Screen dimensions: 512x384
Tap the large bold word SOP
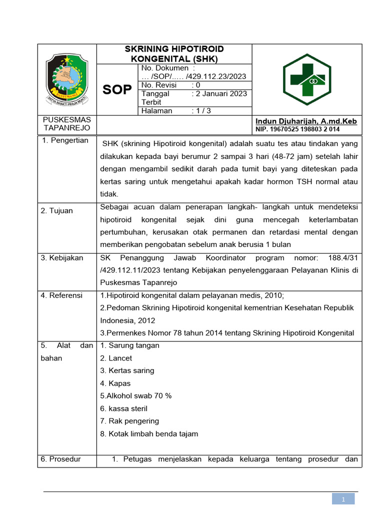point(117,89)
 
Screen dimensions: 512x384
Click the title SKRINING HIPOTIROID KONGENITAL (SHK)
point(173,53)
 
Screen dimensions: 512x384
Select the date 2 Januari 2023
point(221,93)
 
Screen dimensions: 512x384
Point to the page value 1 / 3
point(201,111)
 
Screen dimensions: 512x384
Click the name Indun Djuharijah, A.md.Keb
point(306,121)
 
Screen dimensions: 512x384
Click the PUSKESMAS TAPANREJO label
point(67,124)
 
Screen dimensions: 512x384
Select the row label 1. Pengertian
point(65,140)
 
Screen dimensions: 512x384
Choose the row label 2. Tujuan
point(57,210)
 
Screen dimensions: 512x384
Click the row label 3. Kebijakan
point(62,258)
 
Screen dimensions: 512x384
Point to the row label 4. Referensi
point(62,295)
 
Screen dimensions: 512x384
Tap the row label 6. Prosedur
point(61,459)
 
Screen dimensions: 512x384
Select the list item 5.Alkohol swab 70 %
point(135,395)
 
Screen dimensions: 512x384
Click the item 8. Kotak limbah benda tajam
point(149,433)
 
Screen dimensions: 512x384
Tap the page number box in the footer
point(343,498)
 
